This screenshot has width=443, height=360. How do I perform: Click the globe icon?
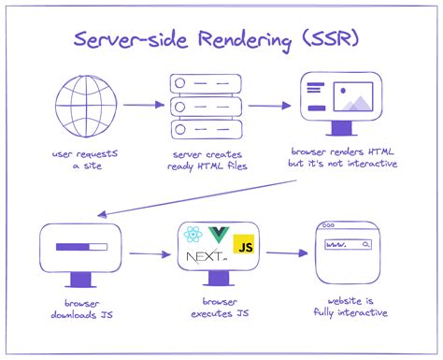(80, 105)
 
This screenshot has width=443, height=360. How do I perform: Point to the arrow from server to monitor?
(269, 106)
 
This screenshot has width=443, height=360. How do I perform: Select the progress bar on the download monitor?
(81, 249)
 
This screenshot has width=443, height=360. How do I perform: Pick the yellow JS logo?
(244, 246)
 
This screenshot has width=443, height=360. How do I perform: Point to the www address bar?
(347, 245)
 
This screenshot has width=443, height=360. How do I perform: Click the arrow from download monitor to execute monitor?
(147, 252)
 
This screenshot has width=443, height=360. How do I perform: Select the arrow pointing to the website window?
(287, 252)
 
